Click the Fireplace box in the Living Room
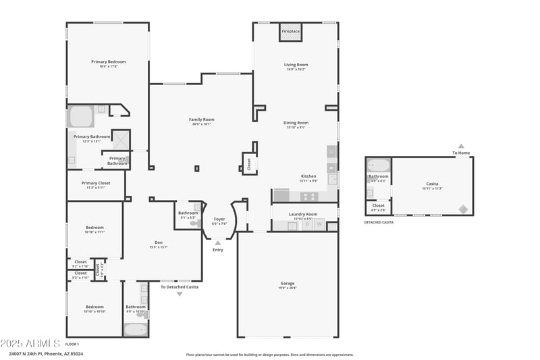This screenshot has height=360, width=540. point(291,32)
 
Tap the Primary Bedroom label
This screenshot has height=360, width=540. point(108,61)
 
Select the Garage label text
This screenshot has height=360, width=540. point(288,283)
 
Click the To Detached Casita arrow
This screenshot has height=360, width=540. point(180,294)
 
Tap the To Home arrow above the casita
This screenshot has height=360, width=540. point(461,146)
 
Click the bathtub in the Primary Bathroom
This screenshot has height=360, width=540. point(80,117)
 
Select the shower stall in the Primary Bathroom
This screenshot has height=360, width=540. point(120,138)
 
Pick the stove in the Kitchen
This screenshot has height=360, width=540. point(309,197)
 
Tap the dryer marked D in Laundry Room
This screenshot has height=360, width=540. point(306,225)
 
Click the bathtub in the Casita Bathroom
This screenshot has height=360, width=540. point(378,165)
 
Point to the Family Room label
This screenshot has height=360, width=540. point(201,120)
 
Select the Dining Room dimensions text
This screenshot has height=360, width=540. point(296,128)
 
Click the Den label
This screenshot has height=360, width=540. point(158,242)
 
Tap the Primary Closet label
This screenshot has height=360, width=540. point(95,182)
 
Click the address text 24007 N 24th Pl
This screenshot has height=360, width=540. point(30,353)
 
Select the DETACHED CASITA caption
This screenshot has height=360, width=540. point(379,222)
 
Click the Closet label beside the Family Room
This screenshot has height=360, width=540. point(249,163)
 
